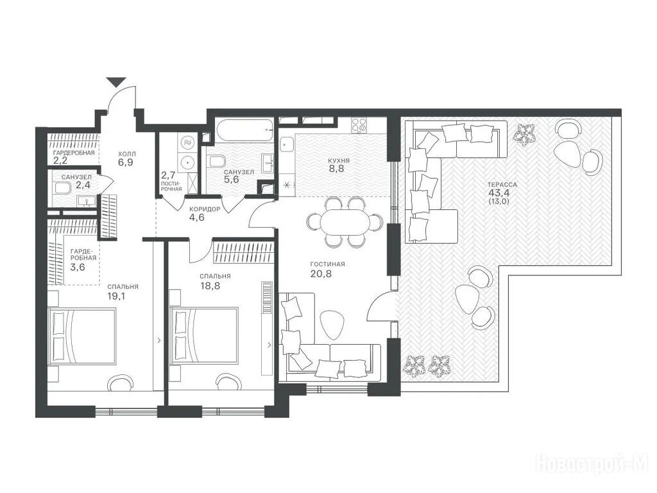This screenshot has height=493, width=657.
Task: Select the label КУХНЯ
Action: coord(339,160)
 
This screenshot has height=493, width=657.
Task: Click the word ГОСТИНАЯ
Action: coord(328,264)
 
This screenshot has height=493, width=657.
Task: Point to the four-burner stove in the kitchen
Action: coord(358,126)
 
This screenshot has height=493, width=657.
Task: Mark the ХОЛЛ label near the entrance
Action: coord(127,154)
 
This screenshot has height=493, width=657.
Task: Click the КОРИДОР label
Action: coord(205,209)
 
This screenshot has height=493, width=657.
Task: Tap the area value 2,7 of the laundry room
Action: coord(168,175)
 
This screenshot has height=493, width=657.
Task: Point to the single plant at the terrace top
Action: coord(524,135)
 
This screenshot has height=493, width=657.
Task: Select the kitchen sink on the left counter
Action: coord(287,146)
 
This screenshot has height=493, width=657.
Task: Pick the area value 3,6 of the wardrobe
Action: coord(78,266)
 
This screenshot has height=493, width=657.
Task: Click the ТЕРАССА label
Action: coord(502,184)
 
